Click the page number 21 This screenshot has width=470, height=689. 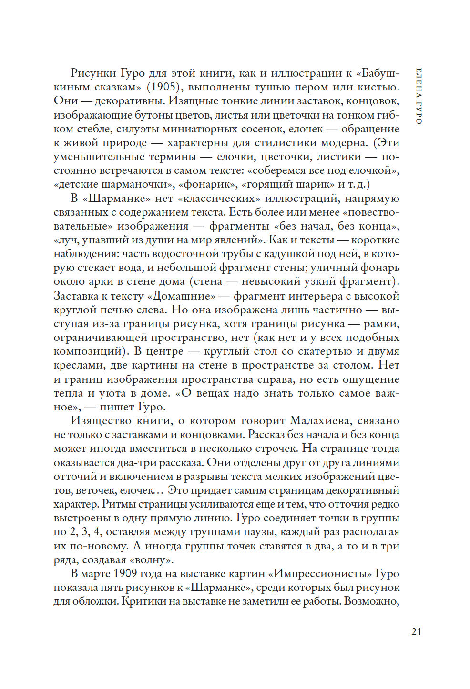click(416, 632)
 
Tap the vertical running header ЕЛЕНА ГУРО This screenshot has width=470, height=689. click(419, 96)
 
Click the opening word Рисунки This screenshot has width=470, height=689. click(93, 73)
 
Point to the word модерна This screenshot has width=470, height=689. click(344, 143)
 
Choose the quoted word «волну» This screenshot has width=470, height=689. click(151, 560)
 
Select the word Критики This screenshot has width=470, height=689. click(143, 601)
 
